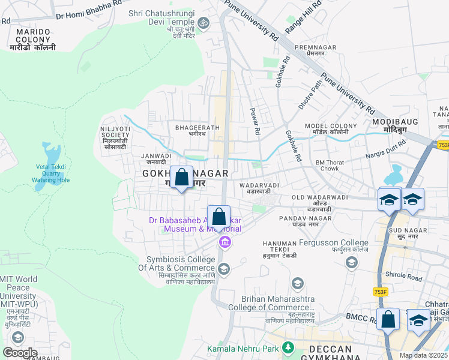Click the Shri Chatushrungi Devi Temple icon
click(203, 23)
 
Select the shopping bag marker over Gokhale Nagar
click(181, 178)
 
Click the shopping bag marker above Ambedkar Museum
click(219, 217)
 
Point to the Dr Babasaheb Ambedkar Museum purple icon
click(224, 242)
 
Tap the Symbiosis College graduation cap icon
click(223, 268)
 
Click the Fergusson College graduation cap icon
click(351, 262)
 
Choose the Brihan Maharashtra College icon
click(297, 283)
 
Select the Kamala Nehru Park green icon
click(288, 347)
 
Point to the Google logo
click(20, 353)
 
